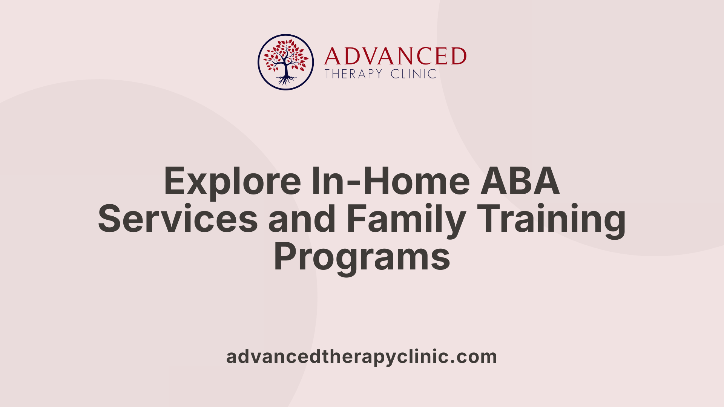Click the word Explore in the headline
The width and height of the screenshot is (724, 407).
tap(233, 182)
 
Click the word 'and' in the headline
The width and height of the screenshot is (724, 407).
tap(302, 219)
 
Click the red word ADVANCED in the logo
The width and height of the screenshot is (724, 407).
tap(395, 56)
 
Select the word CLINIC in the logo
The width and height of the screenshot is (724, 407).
tap(414, 74)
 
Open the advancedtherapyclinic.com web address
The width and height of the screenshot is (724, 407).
tap(362, 357)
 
